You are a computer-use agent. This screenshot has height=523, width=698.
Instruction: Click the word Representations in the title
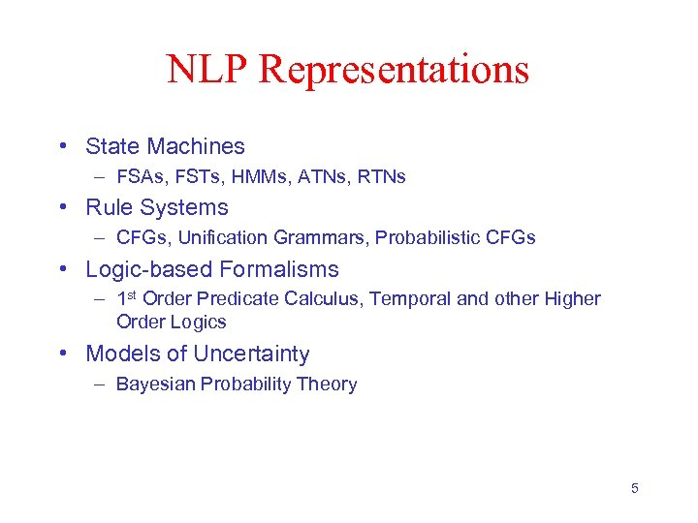click(394, 70)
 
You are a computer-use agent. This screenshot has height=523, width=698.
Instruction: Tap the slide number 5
click(635, 488)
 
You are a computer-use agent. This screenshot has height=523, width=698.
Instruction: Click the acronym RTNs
click(379, 176)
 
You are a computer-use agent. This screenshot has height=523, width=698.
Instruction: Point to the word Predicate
click(238, 299)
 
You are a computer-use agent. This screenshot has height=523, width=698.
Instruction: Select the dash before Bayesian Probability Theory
click(100, 385)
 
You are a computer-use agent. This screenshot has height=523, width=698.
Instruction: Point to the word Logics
click(199, 322)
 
